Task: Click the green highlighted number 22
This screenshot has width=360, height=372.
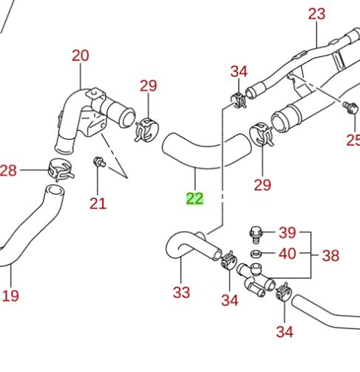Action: tap(194, 198)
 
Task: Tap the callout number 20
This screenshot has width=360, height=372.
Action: tap(80, 55)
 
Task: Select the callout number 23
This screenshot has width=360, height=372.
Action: tap(316, 13)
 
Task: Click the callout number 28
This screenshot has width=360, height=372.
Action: tap(8, 172)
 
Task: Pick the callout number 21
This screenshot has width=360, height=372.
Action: tap(98, 203)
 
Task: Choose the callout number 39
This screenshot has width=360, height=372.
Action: tap(287, 232)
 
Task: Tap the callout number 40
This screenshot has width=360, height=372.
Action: tap(287, 254)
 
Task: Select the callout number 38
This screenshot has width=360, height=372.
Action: tap(330, 256)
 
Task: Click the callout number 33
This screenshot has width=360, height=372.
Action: tap(182, 292)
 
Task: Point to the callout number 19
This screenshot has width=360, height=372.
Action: tap(10, 296)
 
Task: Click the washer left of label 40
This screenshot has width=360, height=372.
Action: tap(256, 254)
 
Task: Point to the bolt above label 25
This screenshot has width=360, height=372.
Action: tap(347, 108)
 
